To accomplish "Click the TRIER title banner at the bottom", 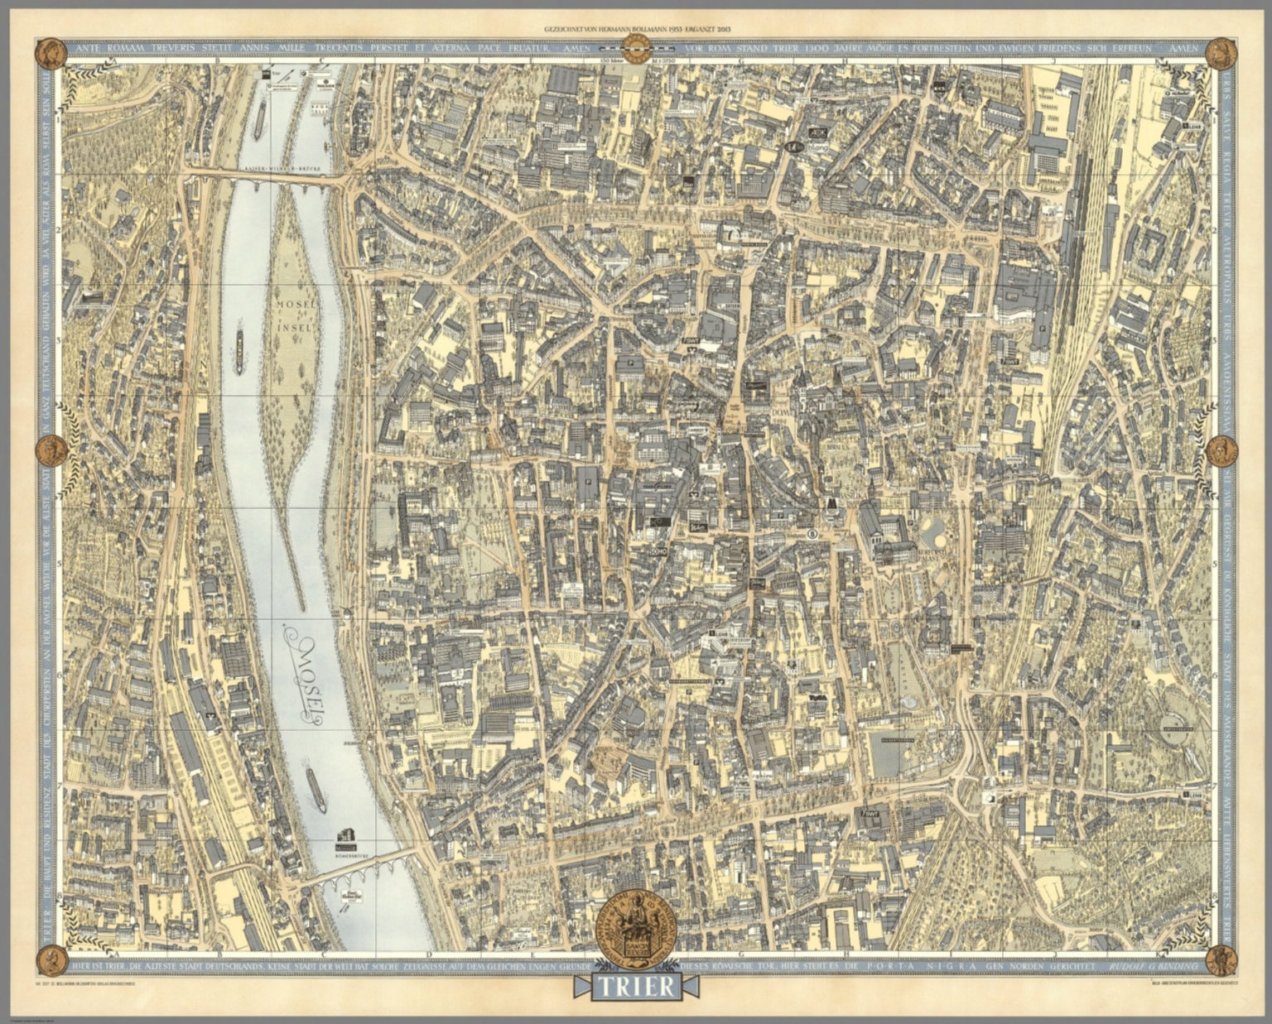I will (636, 987).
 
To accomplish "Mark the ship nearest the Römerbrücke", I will (316, 789).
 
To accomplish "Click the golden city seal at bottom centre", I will (636, 927).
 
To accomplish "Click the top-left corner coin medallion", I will (51, 54).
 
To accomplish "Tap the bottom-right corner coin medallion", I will (1220, 960).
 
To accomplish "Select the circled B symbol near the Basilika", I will (812, 535).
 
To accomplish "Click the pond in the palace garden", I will (935, 531).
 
